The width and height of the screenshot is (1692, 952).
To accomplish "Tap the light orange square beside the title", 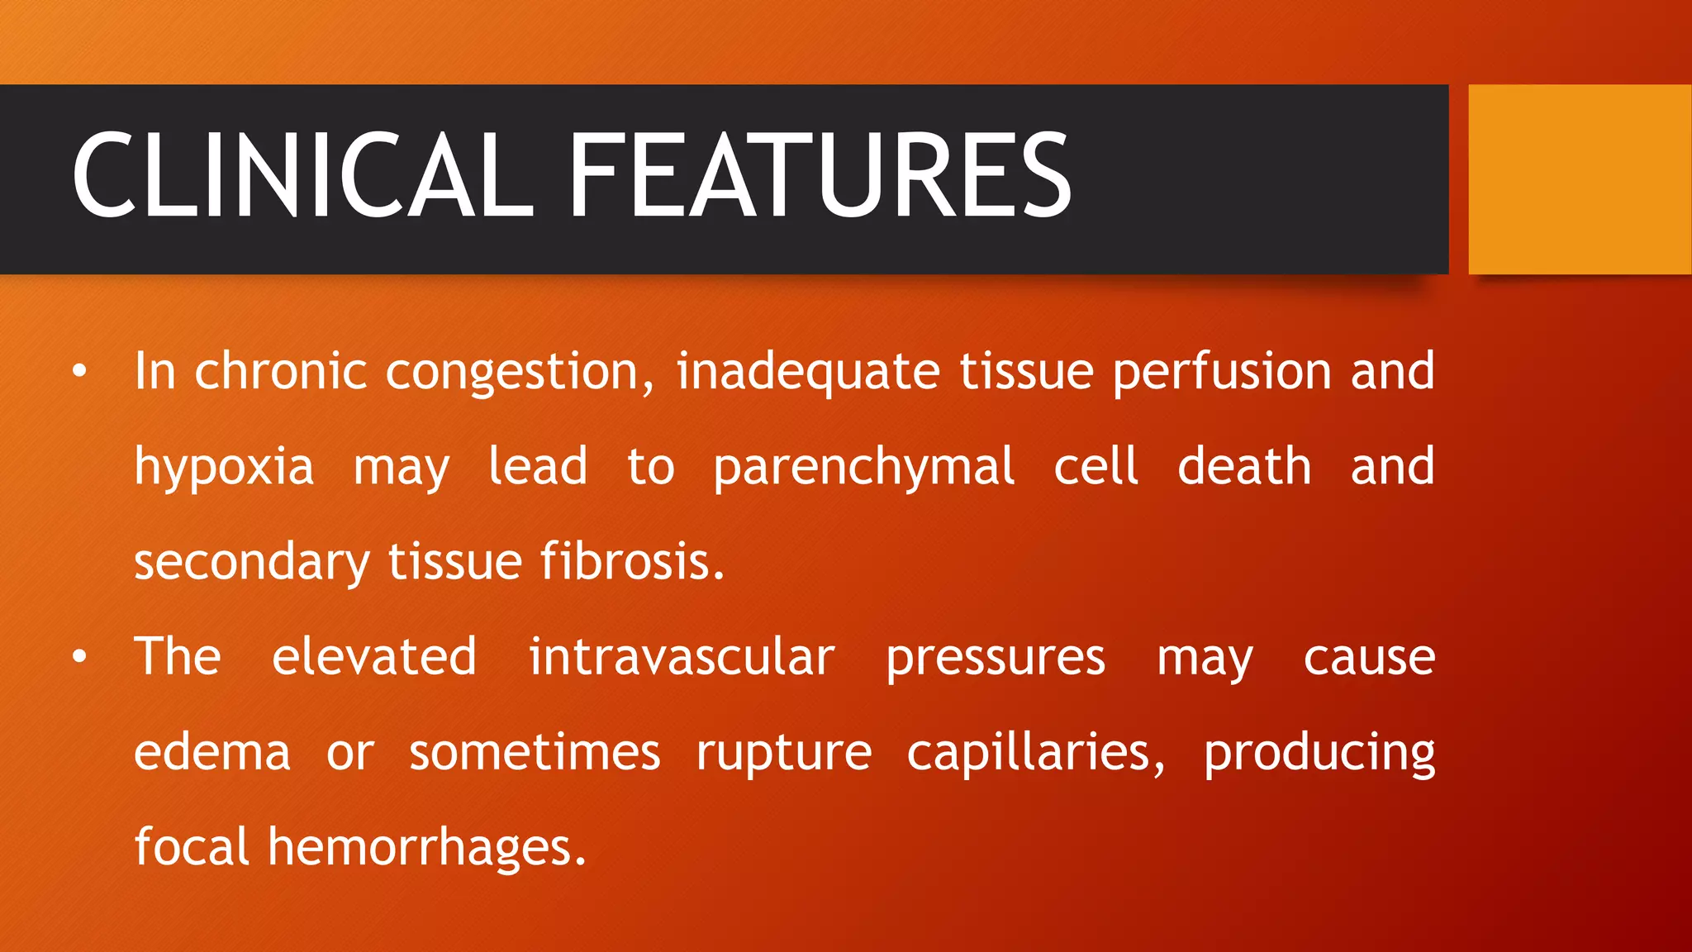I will tap(1579, 179).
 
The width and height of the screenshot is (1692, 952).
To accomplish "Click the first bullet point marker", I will tap(79, 371).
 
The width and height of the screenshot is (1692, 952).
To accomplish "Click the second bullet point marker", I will tap(79, 657).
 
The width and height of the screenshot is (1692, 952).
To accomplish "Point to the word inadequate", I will tap(808, 372).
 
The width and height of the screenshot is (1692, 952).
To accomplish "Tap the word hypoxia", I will tap(224, 468).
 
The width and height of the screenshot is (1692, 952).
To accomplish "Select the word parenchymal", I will tap(863, 468).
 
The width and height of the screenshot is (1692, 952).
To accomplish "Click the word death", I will tap(1243, 467).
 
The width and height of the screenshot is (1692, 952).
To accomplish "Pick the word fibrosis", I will tap(632, 562).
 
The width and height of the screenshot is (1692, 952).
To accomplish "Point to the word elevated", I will tap(374, 657).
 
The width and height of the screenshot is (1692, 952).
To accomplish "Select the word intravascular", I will tap(682, 657).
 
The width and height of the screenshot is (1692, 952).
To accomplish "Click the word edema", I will tap(212, 753).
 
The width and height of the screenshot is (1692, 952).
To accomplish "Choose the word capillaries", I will tap(1036, 753).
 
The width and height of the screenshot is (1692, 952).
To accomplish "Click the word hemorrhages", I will tap(426, 848).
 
